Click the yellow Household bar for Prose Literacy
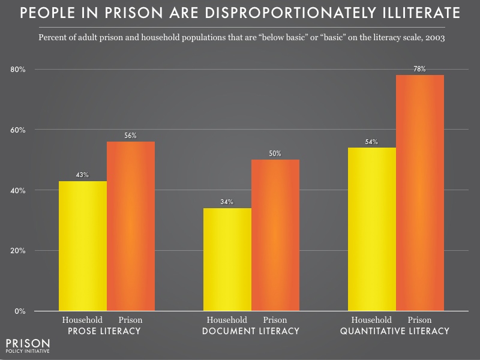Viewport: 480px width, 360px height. (83, 246)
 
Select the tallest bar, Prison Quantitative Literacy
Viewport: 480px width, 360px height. (420, 193)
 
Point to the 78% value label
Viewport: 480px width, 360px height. (420, 69)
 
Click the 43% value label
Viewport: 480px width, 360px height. (83, 175)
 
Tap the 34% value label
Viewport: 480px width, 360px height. (227, 202)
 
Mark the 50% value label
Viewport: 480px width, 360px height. (275, 154)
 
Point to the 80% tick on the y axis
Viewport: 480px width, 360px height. (18, 70)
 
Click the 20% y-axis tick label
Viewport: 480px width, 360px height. (18, 251)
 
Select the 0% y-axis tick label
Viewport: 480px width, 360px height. (20, 311)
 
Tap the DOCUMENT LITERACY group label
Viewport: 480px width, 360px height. (251, 331)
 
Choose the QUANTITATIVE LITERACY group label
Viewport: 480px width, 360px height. (395, 331)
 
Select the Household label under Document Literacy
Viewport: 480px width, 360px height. (227, 320)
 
